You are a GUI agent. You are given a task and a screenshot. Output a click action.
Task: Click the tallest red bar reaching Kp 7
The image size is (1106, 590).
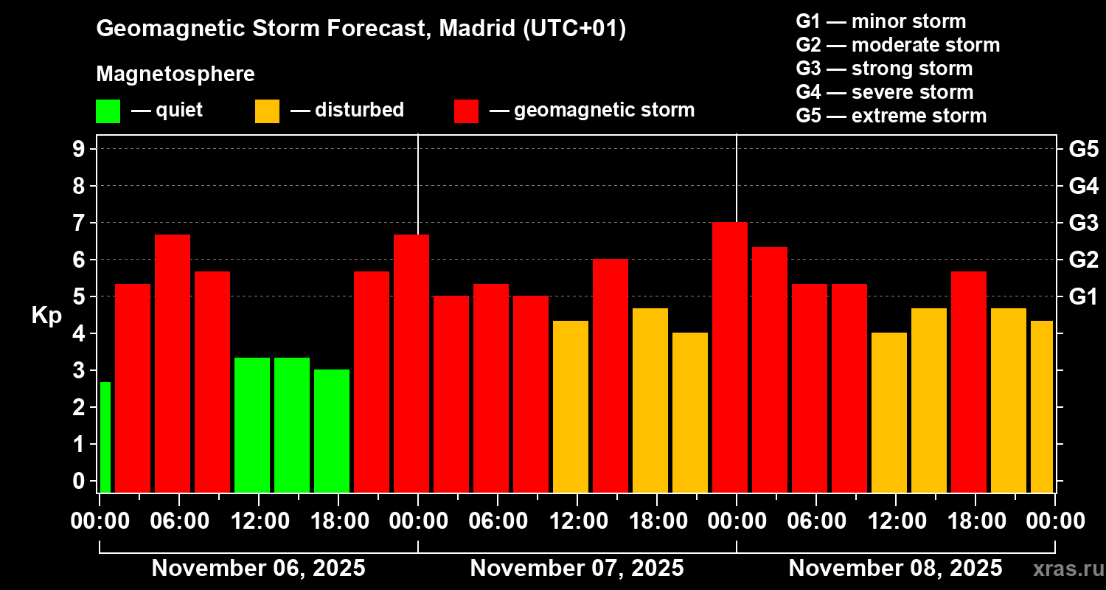click(730, 357)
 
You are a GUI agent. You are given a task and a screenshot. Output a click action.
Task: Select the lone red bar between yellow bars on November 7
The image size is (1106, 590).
click(611, 375)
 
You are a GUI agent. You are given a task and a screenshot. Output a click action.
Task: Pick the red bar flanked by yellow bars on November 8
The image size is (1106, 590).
click(969, 381)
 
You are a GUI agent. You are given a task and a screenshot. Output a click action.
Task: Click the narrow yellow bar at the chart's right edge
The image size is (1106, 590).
click(1042, 406)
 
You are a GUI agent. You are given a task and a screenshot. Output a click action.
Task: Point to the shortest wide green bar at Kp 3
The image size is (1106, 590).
click(332, 431)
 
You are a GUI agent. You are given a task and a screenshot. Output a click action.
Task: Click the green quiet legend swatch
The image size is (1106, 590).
click(108, 111)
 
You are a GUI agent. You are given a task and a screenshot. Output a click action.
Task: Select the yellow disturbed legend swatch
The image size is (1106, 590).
click(267, 111)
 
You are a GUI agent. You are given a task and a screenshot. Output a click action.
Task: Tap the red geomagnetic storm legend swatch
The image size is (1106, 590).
click(466, 111)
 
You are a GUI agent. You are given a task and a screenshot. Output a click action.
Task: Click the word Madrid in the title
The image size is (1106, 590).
click(473, 29)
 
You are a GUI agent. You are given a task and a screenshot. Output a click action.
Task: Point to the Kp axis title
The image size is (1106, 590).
click(46, 315)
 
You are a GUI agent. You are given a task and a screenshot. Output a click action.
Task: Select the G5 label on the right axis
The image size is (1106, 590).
click(1083, 150)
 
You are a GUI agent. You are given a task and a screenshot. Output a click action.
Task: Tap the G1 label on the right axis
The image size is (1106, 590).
click(1083, 297)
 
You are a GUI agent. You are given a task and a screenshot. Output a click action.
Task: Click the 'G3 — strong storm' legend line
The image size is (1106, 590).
click(884, 69)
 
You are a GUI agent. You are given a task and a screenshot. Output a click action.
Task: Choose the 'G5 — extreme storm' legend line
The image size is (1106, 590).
click(891, 116)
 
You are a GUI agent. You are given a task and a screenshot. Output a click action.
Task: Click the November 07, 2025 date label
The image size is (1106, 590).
click(577, 569)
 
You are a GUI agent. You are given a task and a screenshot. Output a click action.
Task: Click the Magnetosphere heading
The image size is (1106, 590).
click(175, 74)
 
